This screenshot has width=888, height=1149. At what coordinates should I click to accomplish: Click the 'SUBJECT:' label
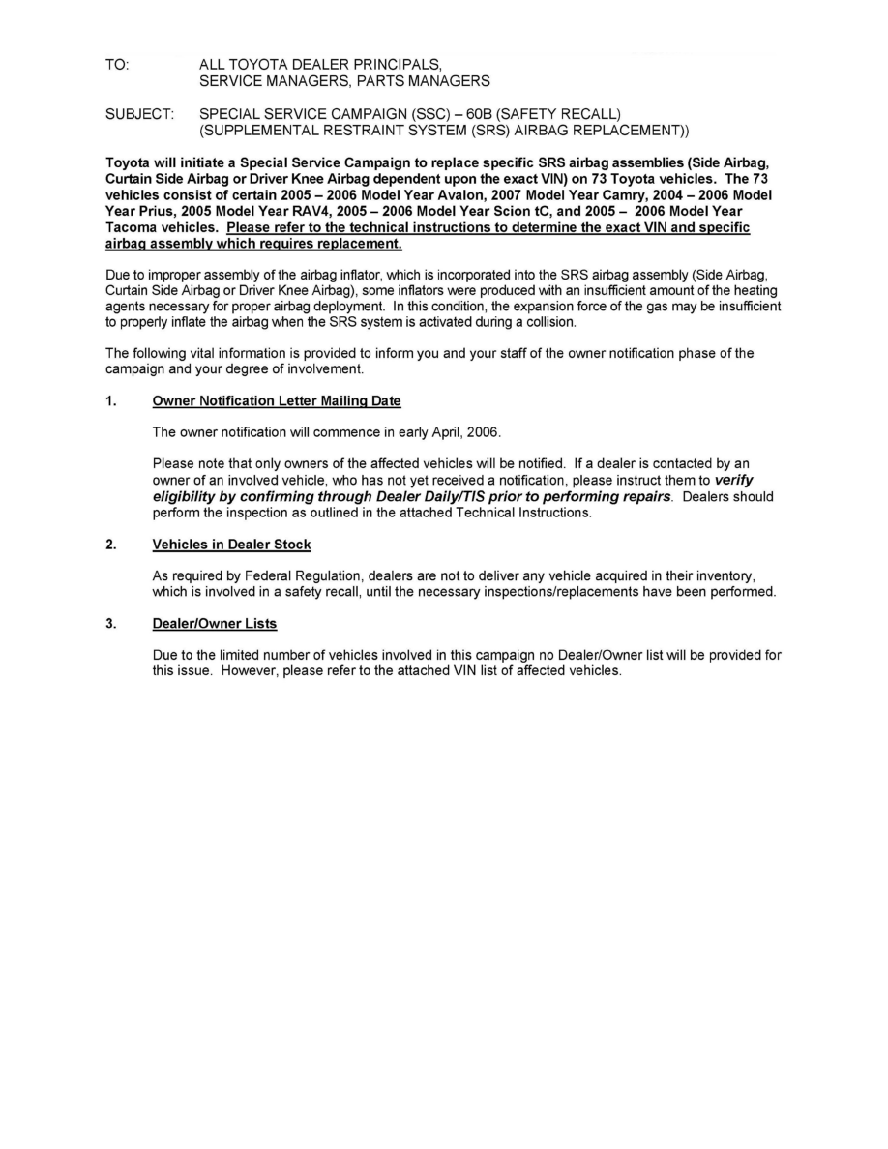139,114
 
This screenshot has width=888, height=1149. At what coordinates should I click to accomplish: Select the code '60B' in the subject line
481,114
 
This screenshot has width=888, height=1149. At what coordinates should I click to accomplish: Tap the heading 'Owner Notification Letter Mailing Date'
277,400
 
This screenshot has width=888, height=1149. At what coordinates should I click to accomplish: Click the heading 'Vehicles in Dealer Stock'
231,545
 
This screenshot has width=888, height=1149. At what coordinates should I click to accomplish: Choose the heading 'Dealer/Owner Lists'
215,623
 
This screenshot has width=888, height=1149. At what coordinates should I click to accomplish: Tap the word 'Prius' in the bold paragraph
156,212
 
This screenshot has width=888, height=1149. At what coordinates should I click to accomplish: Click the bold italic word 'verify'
734,481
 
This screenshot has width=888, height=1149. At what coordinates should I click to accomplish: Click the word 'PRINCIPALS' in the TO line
401,64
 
